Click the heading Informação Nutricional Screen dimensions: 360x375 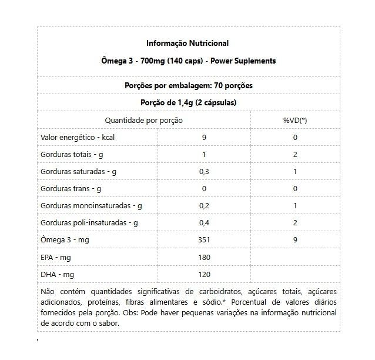(188, 43)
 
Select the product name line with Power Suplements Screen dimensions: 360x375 (188, 61)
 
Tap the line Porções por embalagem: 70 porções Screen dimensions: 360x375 (188, 85)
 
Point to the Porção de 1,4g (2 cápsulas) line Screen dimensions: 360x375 (188, 102)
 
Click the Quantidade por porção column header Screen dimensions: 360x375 (143, 120)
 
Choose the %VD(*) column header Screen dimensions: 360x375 (295, 120)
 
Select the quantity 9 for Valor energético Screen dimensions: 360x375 (204, 138)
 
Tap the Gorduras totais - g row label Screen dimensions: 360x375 (72, 155)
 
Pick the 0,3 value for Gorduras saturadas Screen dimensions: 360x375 (204, 172)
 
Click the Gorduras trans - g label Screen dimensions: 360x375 (71, 189)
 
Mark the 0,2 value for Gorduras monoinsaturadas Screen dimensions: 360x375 (204, 206)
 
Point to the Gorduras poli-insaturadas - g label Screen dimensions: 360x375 (89, 223)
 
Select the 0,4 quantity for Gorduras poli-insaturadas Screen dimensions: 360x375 (204, 223)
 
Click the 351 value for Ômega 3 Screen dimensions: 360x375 (204, 240)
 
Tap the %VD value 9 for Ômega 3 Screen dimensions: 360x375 (295, 240)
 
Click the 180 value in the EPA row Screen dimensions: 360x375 (204, 257)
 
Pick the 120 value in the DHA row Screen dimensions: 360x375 (204, 274)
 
